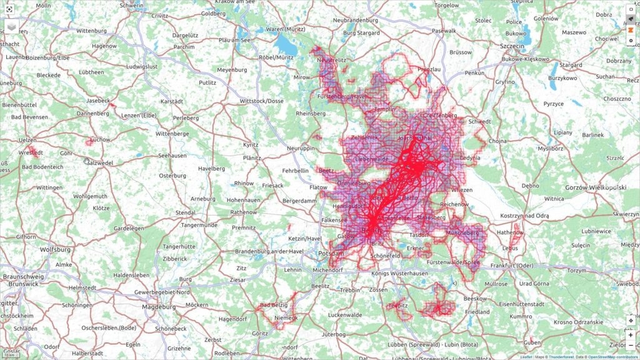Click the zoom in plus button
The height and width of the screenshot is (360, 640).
[x=631, y=335]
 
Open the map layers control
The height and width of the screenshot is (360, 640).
[x=11, y=27]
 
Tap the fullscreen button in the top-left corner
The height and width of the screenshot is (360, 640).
[x=9, y=9]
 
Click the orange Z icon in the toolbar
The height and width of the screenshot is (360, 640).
[x=631, y=29]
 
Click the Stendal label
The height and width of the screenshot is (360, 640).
[x=185, y=212]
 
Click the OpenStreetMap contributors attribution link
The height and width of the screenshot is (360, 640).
[x=612, y=357]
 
